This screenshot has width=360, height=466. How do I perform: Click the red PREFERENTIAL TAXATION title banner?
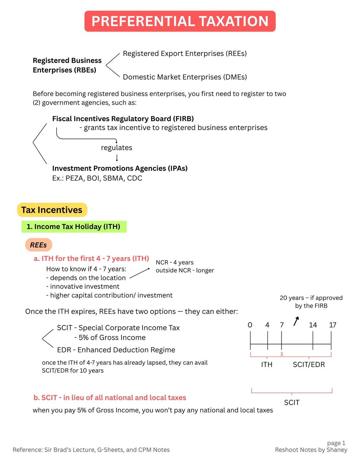180,21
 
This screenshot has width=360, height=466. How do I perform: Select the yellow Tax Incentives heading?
52,210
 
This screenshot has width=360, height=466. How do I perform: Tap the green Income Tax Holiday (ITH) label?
73,227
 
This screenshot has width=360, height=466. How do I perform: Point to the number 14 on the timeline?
313,325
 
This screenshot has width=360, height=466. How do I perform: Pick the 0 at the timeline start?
250,325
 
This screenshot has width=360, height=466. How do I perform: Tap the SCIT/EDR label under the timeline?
309,365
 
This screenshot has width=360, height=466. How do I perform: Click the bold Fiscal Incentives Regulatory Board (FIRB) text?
123,118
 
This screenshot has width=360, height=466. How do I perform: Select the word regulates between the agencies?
117,148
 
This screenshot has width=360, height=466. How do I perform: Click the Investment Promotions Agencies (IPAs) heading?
120,169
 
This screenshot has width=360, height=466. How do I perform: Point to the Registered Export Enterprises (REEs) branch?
184,54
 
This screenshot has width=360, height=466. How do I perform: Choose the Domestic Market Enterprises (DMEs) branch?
184,77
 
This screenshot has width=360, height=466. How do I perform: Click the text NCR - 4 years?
174,263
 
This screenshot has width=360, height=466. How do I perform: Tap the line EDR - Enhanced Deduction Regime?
116,350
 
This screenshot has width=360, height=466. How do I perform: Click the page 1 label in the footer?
336,443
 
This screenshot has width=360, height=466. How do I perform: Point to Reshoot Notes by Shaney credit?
311,450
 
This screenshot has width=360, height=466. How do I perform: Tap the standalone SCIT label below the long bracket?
292,402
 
